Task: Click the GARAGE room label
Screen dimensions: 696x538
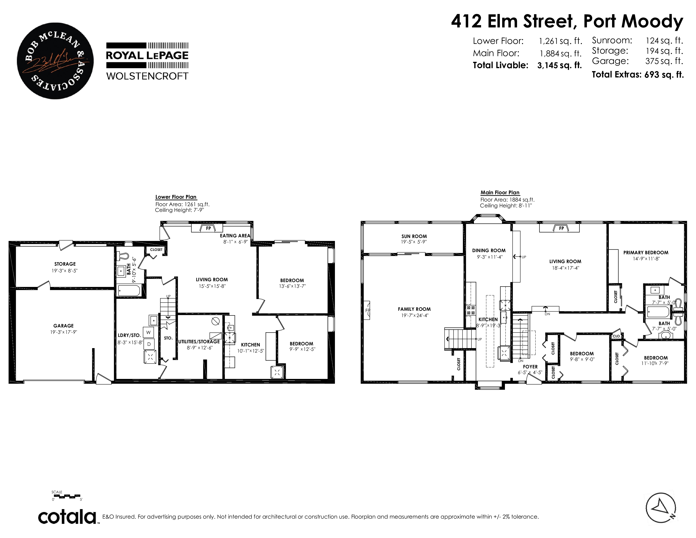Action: (x=63, y=326)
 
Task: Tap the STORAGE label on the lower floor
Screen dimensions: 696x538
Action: (x=65, y=264)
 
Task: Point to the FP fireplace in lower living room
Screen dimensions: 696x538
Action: (x=208, y=228)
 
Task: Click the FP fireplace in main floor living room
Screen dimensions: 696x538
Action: (x=561, y=228)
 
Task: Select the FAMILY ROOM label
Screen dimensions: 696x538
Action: (x=414, y=309)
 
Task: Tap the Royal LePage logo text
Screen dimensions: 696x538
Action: (x=147, y=55)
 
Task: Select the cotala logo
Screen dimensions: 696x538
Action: (x=67, y=517)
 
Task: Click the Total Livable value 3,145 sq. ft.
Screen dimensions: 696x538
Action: (x=560, y=65)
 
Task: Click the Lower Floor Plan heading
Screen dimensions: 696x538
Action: (x=176, y=197)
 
